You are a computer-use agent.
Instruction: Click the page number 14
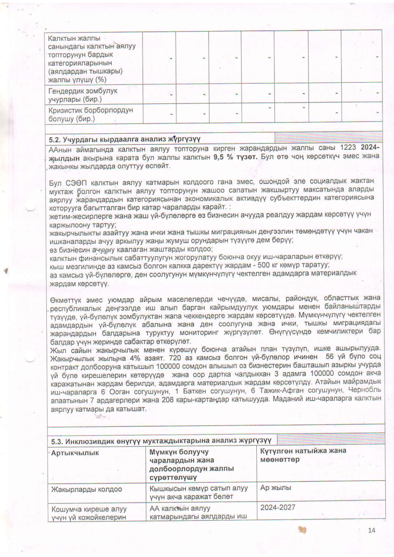pos(372,530)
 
